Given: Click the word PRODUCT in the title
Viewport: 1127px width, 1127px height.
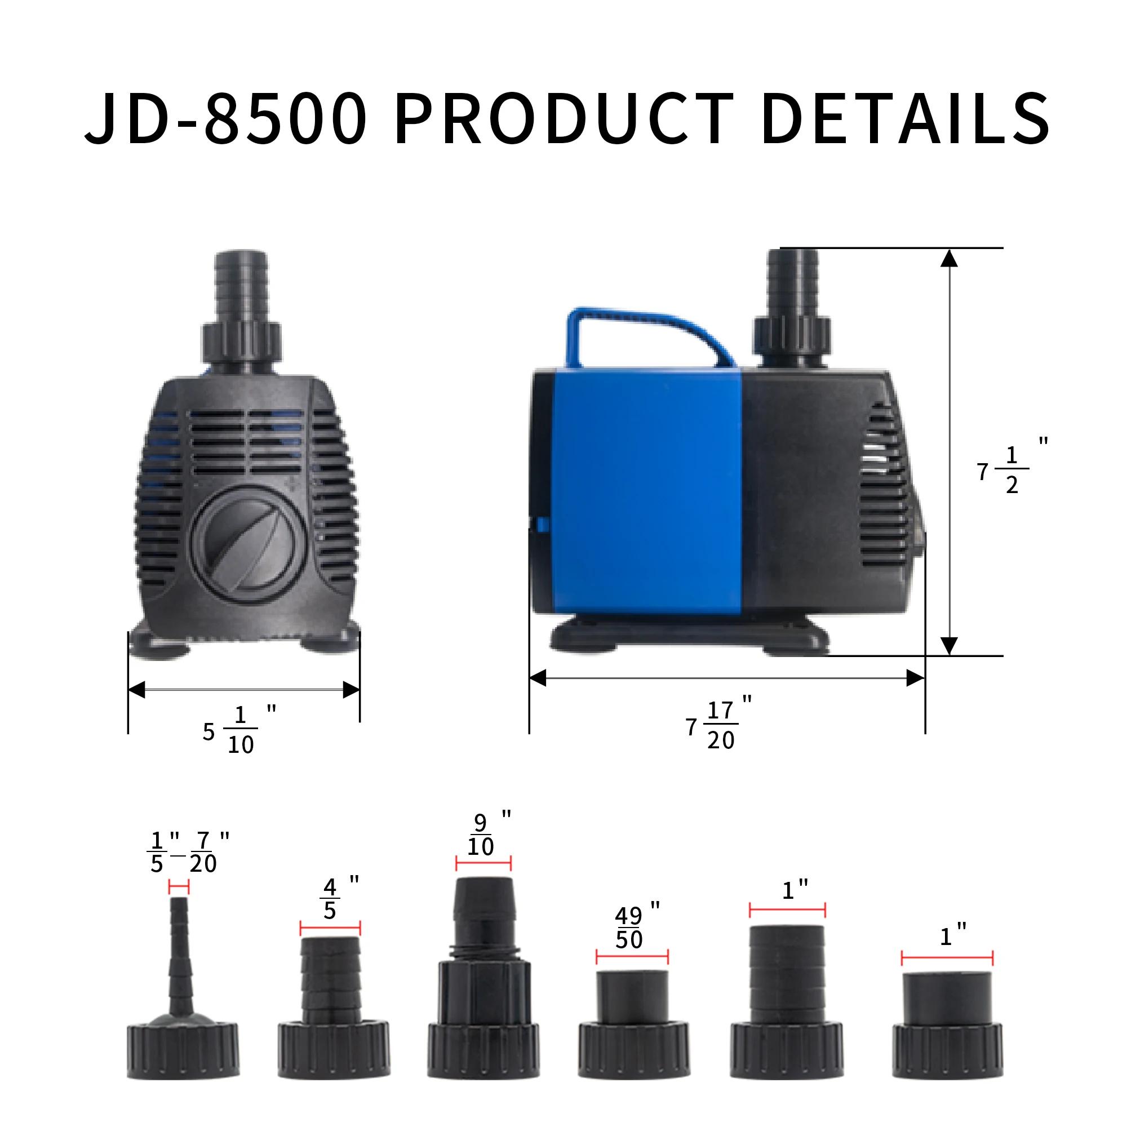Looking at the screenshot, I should (563, 119).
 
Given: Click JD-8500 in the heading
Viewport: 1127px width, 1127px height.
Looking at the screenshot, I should (227, 119).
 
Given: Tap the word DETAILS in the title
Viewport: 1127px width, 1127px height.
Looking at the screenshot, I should (906, 119).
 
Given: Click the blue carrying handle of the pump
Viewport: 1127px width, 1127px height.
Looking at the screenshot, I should (647, 327).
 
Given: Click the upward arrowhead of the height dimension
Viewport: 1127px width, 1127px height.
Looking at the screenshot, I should (949, 259).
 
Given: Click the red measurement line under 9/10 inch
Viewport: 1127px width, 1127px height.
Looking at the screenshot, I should (483, 864).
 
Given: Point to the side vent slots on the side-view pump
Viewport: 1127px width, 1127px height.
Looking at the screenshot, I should (884, 484).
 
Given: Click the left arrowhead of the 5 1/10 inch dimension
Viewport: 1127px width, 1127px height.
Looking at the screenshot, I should (136, 690).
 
